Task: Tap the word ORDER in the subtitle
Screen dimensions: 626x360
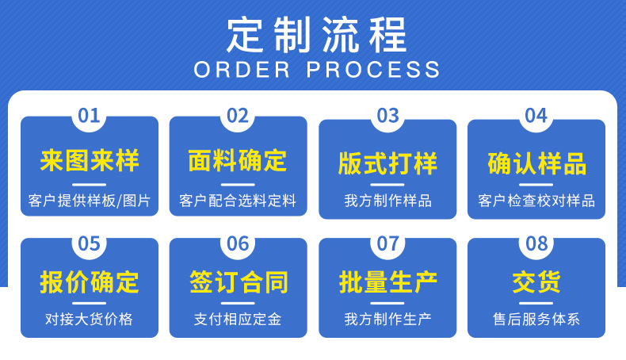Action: coord(242,69)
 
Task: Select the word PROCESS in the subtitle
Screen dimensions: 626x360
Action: coord(373,69)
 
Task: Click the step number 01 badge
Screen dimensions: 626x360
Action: coord(89,116)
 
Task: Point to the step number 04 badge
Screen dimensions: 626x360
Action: coord(536,116)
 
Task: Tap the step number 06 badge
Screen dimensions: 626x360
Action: coord(238,243)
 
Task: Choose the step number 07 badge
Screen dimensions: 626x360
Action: coord(387,243)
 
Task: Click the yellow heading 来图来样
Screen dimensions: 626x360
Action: coord(90,161)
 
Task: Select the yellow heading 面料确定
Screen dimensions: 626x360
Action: coord(238,161)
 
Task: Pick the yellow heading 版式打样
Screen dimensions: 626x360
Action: coord(387,164)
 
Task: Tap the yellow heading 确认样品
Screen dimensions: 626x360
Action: coord(536,164)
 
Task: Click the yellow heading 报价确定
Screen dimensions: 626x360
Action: coord(90,282)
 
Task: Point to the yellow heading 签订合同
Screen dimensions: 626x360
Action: coord(238,282)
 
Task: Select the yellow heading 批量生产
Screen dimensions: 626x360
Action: coord(387,282)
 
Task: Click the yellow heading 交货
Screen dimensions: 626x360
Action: coord(536,282)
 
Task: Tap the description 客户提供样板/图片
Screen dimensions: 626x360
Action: coord(89,201)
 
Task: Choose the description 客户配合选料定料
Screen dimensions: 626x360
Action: coord(238,201)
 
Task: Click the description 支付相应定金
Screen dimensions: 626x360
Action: coord(238,320)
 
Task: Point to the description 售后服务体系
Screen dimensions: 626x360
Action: coord(536,320)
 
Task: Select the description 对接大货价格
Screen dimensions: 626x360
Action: coord(89,320)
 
